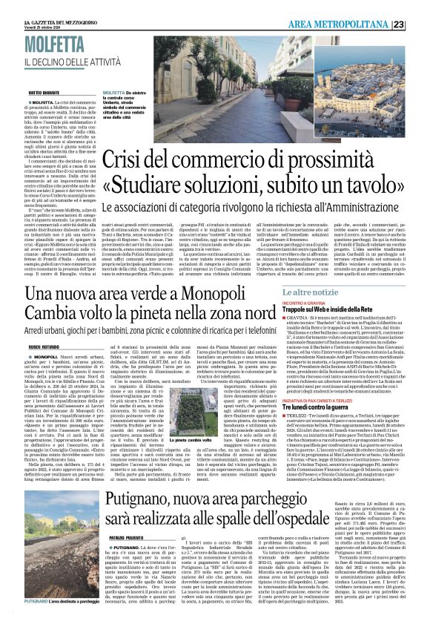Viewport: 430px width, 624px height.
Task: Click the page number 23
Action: tap(419, 24)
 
